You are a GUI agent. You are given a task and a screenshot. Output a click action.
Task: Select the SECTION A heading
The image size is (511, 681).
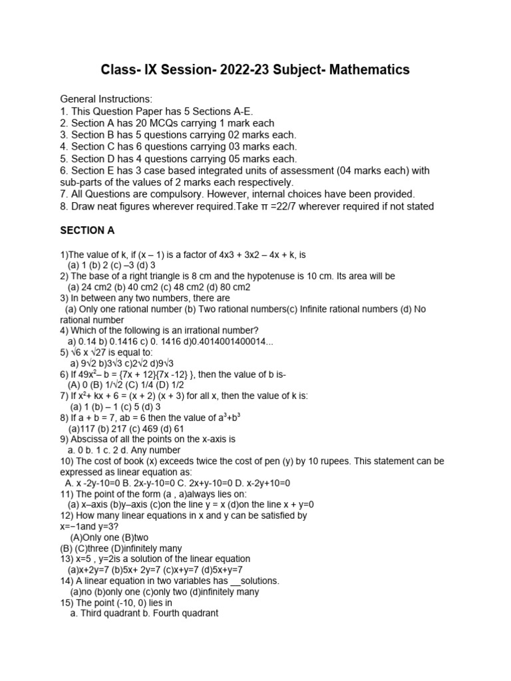88,231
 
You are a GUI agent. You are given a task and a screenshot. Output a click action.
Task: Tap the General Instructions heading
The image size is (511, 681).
106,99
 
